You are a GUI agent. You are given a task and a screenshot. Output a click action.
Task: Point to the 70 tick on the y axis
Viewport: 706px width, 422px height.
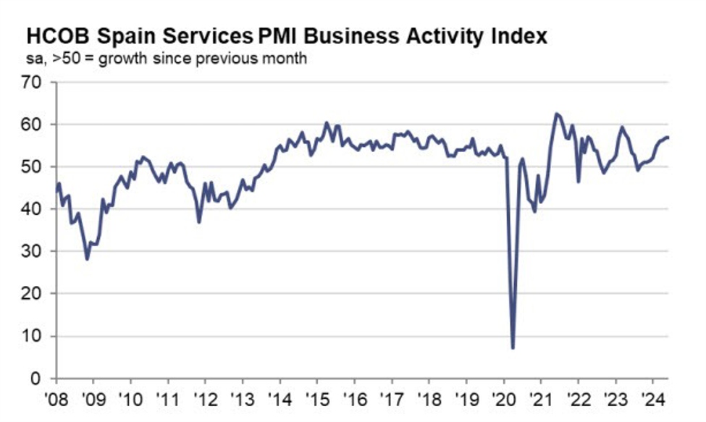point(34,83)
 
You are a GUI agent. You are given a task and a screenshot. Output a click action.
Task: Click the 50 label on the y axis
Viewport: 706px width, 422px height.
point(34,167)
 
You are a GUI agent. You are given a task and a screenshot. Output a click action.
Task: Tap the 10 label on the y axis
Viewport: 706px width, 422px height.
point(34,337)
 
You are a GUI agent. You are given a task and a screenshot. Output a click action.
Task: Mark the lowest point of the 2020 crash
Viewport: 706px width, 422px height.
point(513,348)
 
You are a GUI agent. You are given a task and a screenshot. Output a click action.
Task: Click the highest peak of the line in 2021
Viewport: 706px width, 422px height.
point(556,114)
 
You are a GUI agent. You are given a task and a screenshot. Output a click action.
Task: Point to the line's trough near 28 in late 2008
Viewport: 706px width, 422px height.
point(88,259)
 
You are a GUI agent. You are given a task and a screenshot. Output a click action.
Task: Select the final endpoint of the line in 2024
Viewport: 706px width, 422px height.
point(668,137)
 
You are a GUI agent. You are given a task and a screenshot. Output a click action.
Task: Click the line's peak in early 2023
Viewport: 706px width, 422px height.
point(621,127)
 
